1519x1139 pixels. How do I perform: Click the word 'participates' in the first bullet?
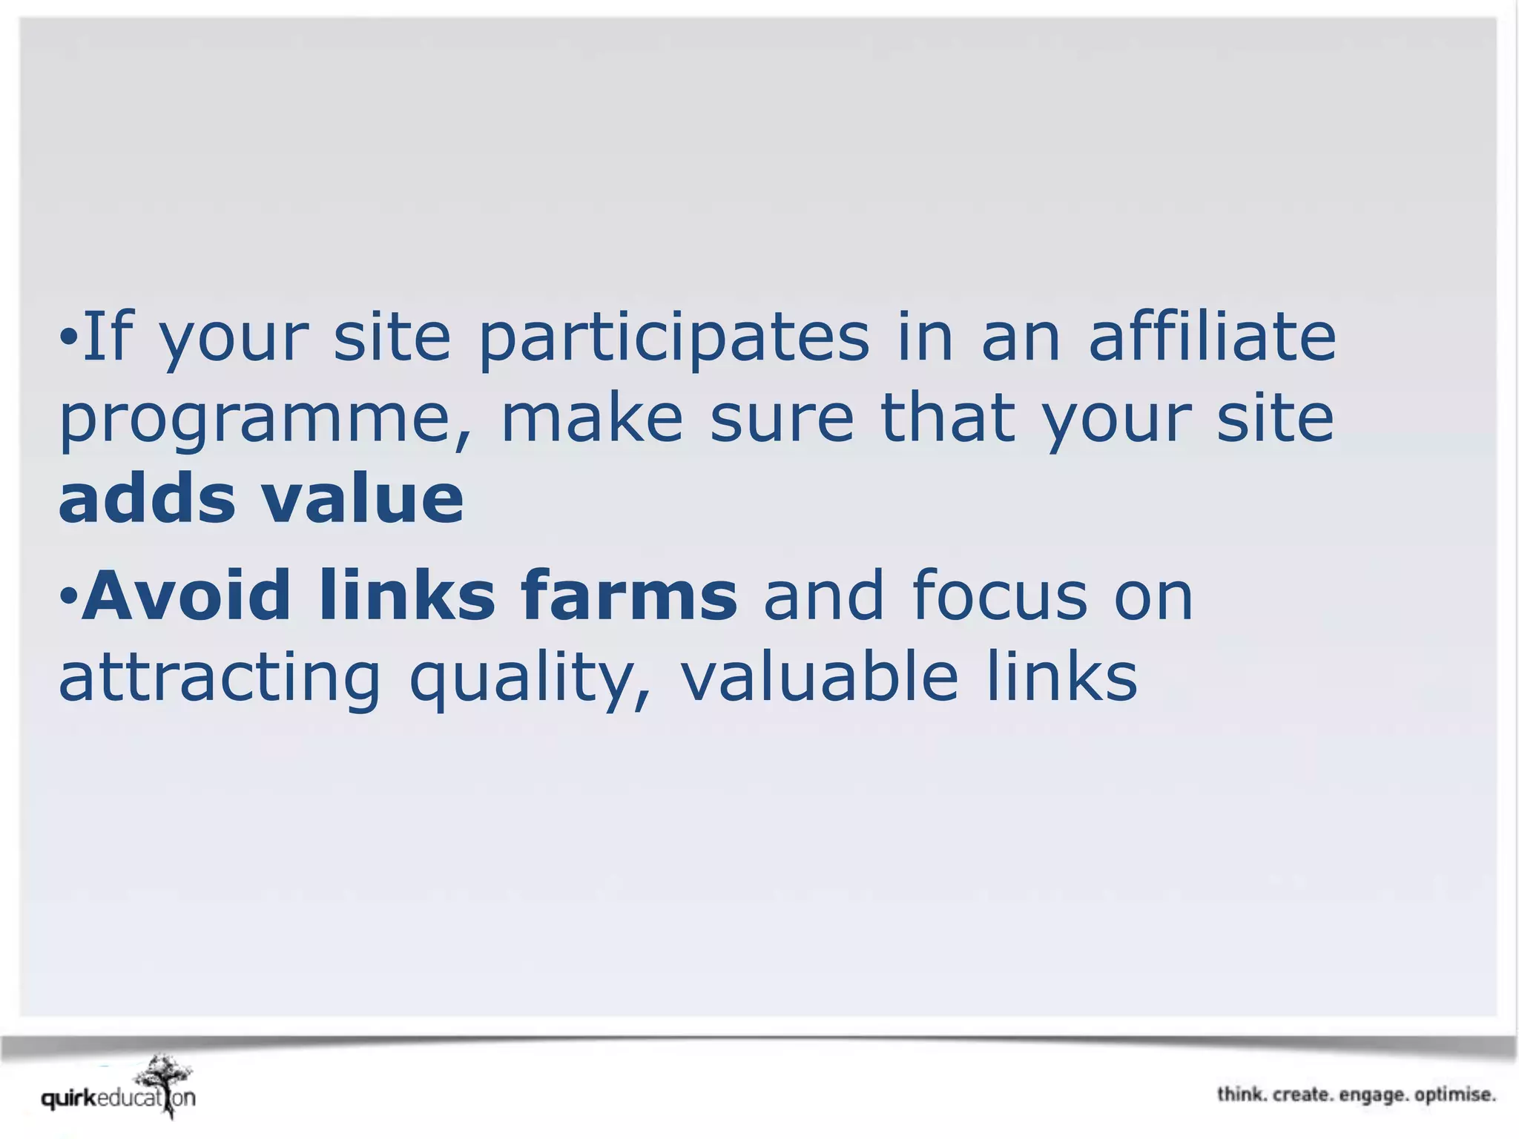(x=673, y=338)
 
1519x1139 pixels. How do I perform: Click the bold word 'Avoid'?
(x=186, y=595)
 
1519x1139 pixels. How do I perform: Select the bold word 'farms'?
(x=629, y=595)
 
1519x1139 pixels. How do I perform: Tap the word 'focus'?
(x=999, y=595)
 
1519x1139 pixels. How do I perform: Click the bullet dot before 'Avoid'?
(x=68, y=595)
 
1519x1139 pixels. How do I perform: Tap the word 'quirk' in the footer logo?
(x=69, y=1097)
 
